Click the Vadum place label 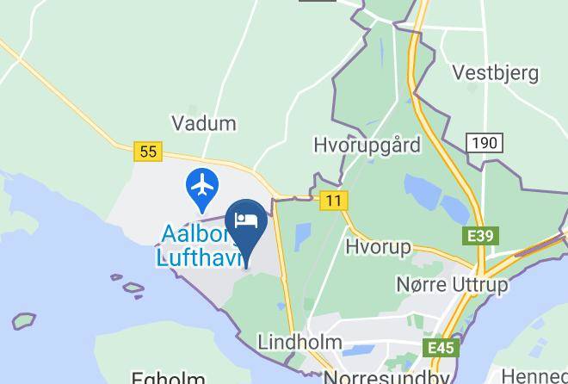204,123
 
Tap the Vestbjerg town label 495,72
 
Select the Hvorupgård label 367,145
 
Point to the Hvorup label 377,246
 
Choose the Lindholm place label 299,342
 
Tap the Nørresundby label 386,377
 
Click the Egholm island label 168,378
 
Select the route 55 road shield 149,152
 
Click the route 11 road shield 333,201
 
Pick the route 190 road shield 485,143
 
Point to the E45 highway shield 442,348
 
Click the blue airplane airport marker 203,186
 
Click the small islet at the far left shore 23,321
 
